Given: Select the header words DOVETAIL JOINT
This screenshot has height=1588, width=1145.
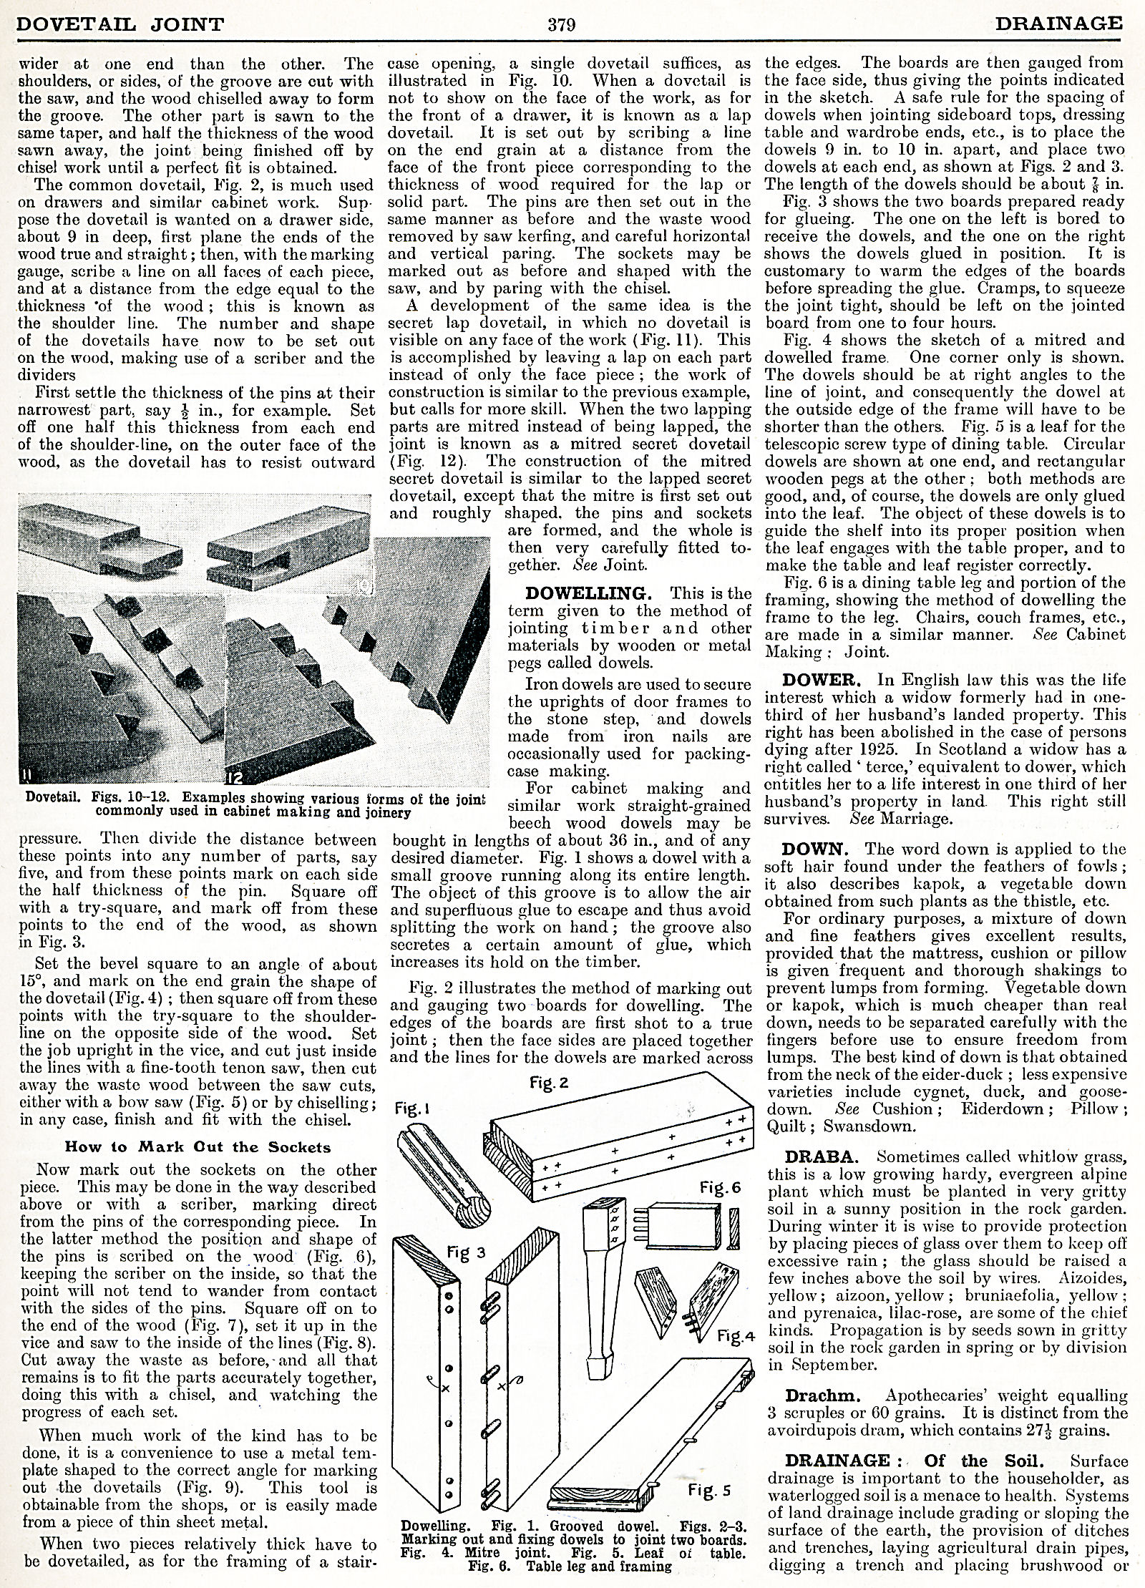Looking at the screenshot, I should pyautogui.click(x=120, y=25).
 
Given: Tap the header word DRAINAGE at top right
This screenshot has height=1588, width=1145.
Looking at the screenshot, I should pyautogui.click(x=1056, y=24).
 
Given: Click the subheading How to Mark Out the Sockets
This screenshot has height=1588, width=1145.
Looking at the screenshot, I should pyautogui.click(x=198, y=1146).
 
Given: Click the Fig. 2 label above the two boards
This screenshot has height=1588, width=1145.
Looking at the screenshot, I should pyautogui.click(x=550, y=1083).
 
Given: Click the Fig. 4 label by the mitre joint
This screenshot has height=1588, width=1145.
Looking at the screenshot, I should pyautogui.click(x=736, y=1335).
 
